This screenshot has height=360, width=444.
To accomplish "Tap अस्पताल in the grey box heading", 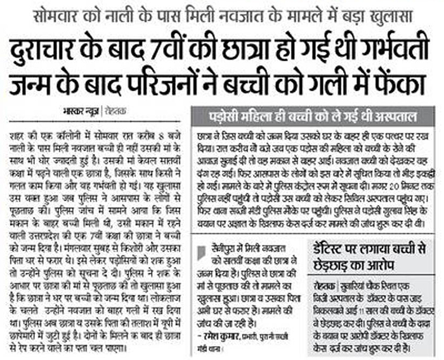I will pyautogui.click(x=395, y=117).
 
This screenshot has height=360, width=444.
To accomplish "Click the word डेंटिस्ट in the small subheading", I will pyautogui.click(x=329, y=250).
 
